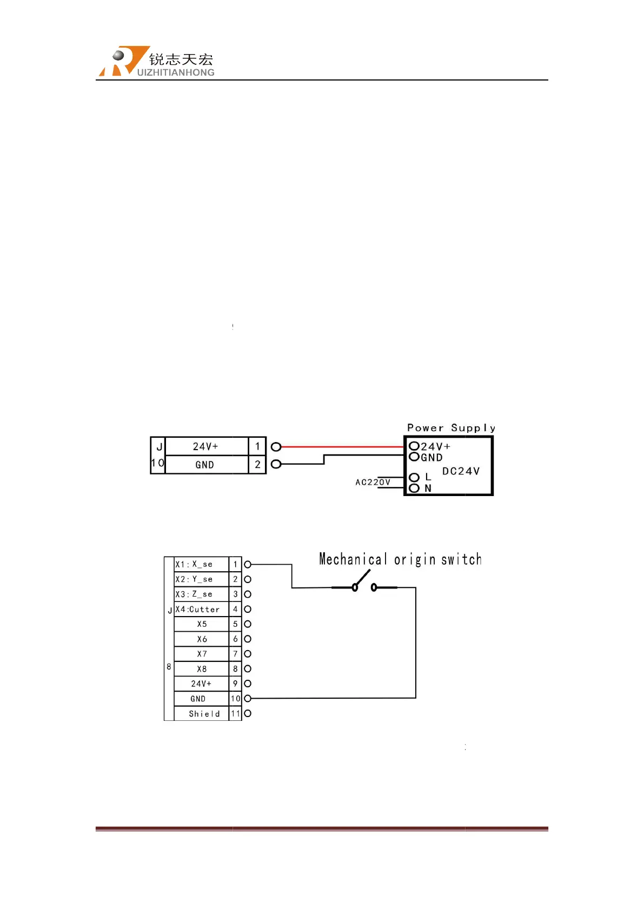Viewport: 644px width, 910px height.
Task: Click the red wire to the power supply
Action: [341, 447]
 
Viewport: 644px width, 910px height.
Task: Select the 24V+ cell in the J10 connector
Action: [205, 446]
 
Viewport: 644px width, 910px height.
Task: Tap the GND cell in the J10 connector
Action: [205, 465]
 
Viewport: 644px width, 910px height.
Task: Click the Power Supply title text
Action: [451, 428]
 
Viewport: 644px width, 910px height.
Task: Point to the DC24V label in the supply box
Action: [461, 471]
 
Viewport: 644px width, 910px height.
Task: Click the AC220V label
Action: [373, 482]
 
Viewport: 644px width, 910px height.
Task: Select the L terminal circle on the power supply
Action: [414, 477]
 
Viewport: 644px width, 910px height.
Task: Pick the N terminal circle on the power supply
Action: [414, 489]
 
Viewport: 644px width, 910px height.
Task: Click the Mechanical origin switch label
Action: [400, 559]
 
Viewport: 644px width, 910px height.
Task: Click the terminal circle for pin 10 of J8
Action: [248, 699]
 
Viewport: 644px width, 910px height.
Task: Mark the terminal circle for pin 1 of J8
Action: [248, 564]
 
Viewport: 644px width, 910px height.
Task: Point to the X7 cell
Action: [202, 654]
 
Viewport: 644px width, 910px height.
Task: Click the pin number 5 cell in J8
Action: [235, 624]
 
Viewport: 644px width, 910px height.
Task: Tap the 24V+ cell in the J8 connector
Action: [201, 684]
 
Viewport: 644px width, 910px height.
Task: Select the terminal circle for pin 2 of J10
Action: [276, 464]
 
